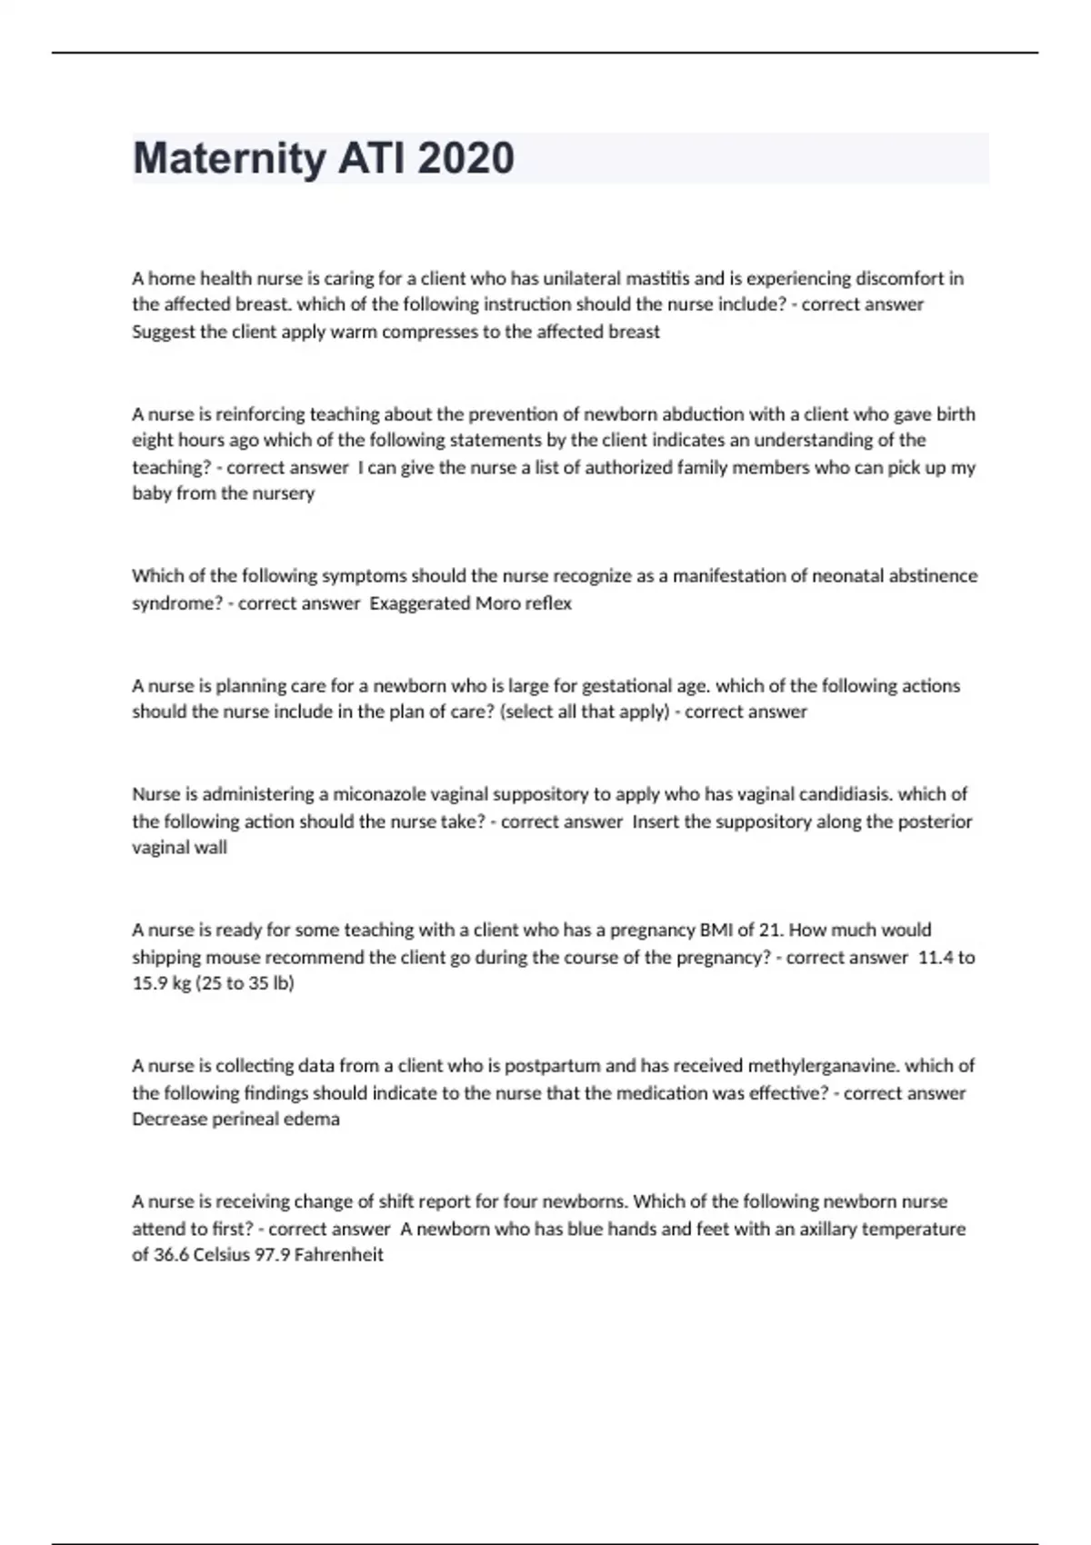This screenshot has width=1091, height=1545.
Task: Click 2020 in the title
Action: pos(465,159)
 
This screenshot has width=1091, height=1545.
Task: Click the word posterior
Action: pos(935,822)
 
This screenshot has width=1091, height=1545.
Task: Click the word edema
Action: pos(315,1119)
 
